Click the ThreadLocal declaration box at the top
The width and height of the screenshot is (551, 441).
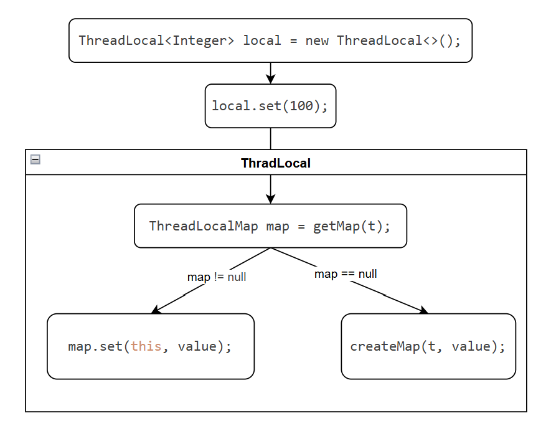pyautogui.click(x=270, y=40)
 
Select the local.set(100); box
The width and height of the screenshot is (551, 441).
pyautogui.click(x=270, y=106)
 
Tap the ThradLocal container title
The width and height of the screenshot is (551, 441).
pyautogui.click(x=275, y=163)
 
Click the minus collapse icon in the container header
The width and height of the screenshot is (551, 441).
pyautogui.click(x=35, y=159)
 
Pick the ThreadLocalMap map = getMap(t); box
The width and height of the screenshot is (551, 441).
pyautogui.click(x=270, y=226)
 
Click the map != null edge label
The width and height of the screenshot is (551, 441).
pyautogui.click(x=217, y=277)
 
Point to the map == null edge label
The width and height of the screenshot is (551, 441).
pyautogui.click(x=346, y=274)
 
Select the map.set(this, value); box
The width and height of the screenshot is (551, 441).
pyautogui.click(x=150, y=346)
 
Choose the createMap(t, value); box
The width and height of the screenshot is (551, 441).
pyautogui.click(x=428, y=346)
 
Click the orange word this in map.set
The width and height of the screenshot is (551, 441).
pyautogui.click(x=146, y=346)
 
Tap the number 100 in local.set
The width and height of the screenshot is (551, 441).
pyautogui.click(x=301, y=106)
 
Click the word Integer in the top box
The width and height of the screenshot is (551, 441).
pyautogui.click(x=204, y=40)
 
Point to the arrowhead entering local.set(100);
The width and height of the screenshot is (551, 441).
pyautogui.click(x=270, y=79)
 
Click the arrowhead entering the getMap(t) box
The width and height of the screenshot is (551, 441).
pyautogui.click(x=270, y=199)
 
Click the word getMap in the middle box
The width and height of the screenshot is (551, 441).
pyautogui.click(x=332, y=226)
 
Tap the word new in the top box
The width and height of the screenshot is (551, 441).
pyautogui.click(x=317, y=40)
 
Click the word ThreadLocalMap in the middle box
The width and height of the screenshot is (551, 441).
pyautogui.click(x=204, y=226)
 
